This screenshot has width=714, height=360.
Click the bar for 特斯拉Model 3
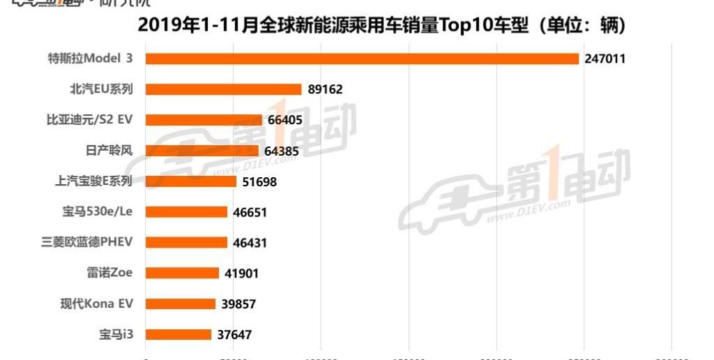coord(362,59)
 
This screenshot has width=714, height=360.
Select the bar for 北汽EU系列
coord(223,89)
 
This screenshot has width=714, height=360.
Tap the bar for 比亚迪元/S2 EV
coord(204,120)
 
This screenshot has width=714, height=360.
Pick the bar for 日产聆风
coord(202,151)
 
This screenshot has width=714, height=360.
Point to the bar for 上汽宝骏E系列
coord(190,181)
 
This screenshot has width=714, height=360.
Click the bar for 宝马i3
coord(178,335)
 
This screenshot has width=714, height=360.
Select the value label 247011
coord(605,59)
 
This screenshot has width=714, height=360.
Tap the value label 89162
coord(324,89)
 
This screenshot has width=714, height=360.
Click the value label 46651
coord(250,212)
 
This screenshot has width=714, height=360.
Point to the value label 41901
coord(241,273)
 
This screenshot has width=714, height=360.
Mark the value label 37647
coord(234,335)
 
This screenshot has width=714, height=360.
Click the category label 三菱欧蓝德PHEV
coord(86,242)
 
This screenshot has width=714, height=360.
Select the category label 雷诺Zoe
coord(109,273)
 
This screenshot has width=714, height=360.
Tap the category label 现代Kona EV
coord(96,303)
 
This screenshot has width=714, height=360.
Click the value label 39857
coord(237,304)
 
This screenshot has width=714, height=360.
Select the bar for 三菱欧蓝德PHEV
coord(186,243)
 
